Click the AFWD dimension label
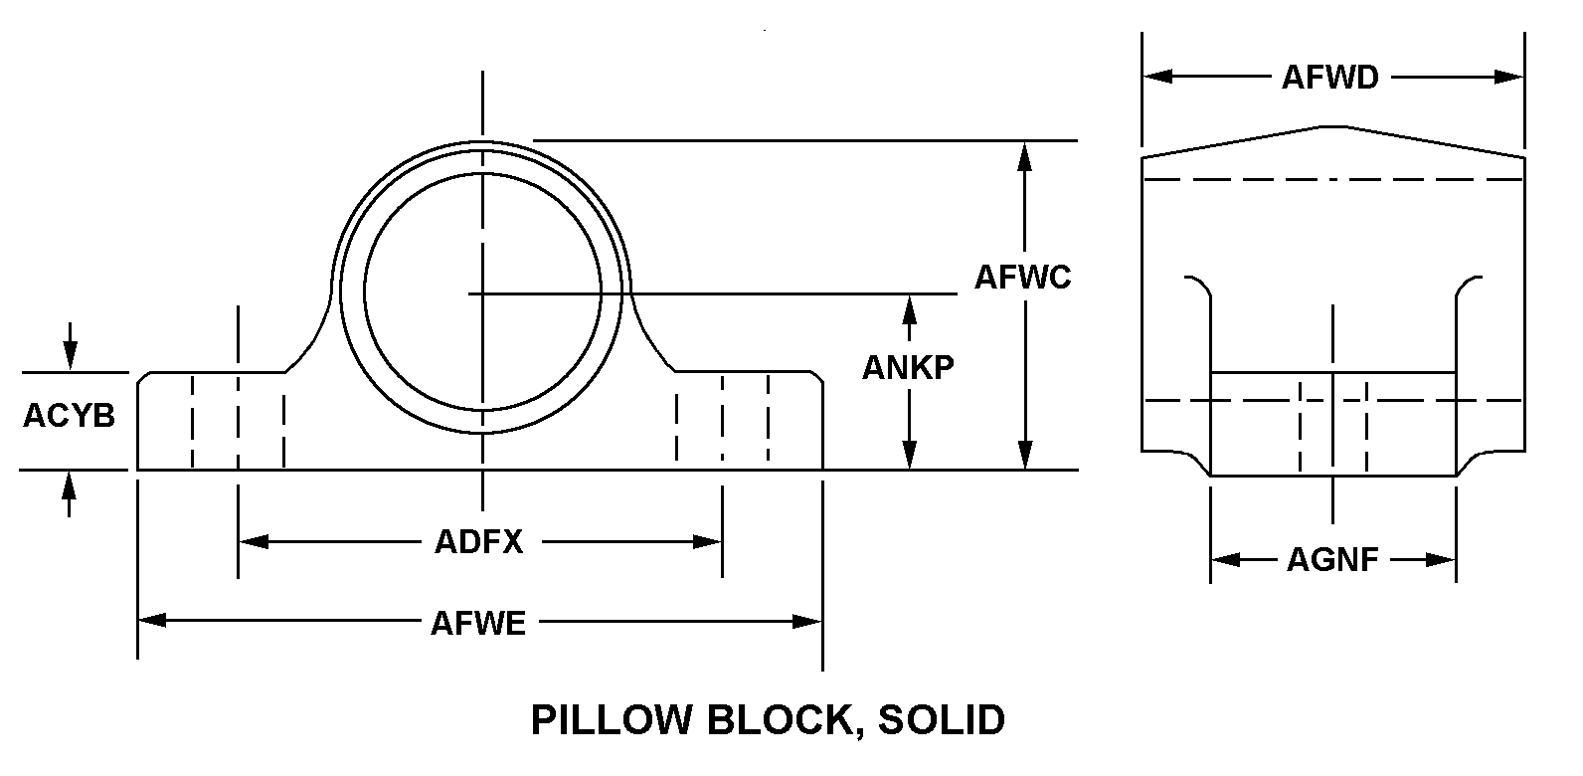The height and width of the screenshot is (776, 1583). pos(1329,77)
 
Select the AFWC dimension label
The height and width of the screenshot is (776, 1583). pos(1022,277)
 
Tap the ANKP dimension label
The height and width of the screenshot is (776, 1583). pos(907,367)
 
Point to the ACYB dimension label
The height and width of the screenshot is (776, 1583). pos(69,415)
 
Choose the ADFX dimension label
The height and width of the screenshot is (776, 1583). pos(478,542)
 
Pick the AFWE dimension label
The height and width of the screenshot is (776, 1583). pos(478,623)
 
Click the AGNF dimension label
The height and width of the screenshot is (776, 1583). pos(1332,560)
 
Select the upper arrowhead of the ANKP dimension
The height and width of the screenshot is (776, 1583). pos(908,307)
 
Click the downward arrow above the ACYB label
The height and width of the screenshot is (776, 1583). pos(69,356)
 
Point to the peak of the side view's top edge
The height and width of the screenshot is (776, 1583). pos(1333,126)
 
